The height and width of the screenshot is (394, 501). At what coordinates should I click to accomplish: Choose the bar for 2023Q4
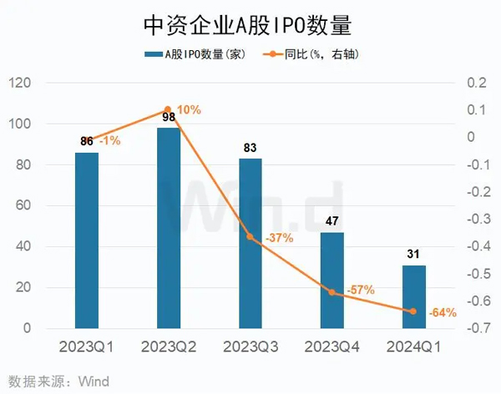pyautogui.click(x=332, y=280)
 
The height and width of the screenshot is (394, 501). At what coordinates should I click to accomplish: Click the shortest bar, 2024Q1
pyautogui.click(x=413, y=296)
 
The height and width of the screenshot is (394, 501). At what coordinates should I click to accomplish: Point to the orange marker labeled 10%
pyautogui.click(x=168, y=109)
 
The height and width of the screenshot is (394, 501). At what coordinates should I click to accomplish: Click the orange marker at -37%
pyautogui.click(x=250, y=237)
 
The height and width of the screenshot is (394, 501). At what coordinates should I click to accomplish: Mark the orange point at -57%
pyautogui.click(x=331, y=292)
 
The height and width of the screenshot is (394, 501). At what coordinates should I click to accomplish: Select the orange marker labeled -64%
pyautogui.click(x=413, y=311)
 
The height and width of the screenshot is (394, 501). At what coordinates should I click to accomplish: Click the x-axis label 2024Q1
pyautogui.click(x=413, y=346)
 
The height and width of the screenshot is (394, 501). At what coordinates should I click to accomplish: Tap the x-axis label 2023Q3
pyautogui.click(x=250, y=346)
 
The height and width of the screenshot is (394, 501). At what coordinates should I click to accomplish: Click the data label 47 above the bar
pyautogui.click(x=332, y=221)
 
